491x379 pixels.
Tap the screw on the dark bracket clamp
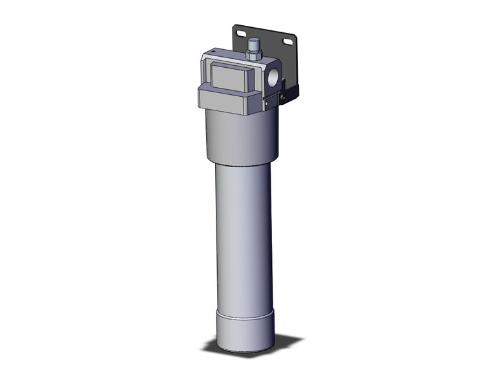(x=282, y=96)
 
